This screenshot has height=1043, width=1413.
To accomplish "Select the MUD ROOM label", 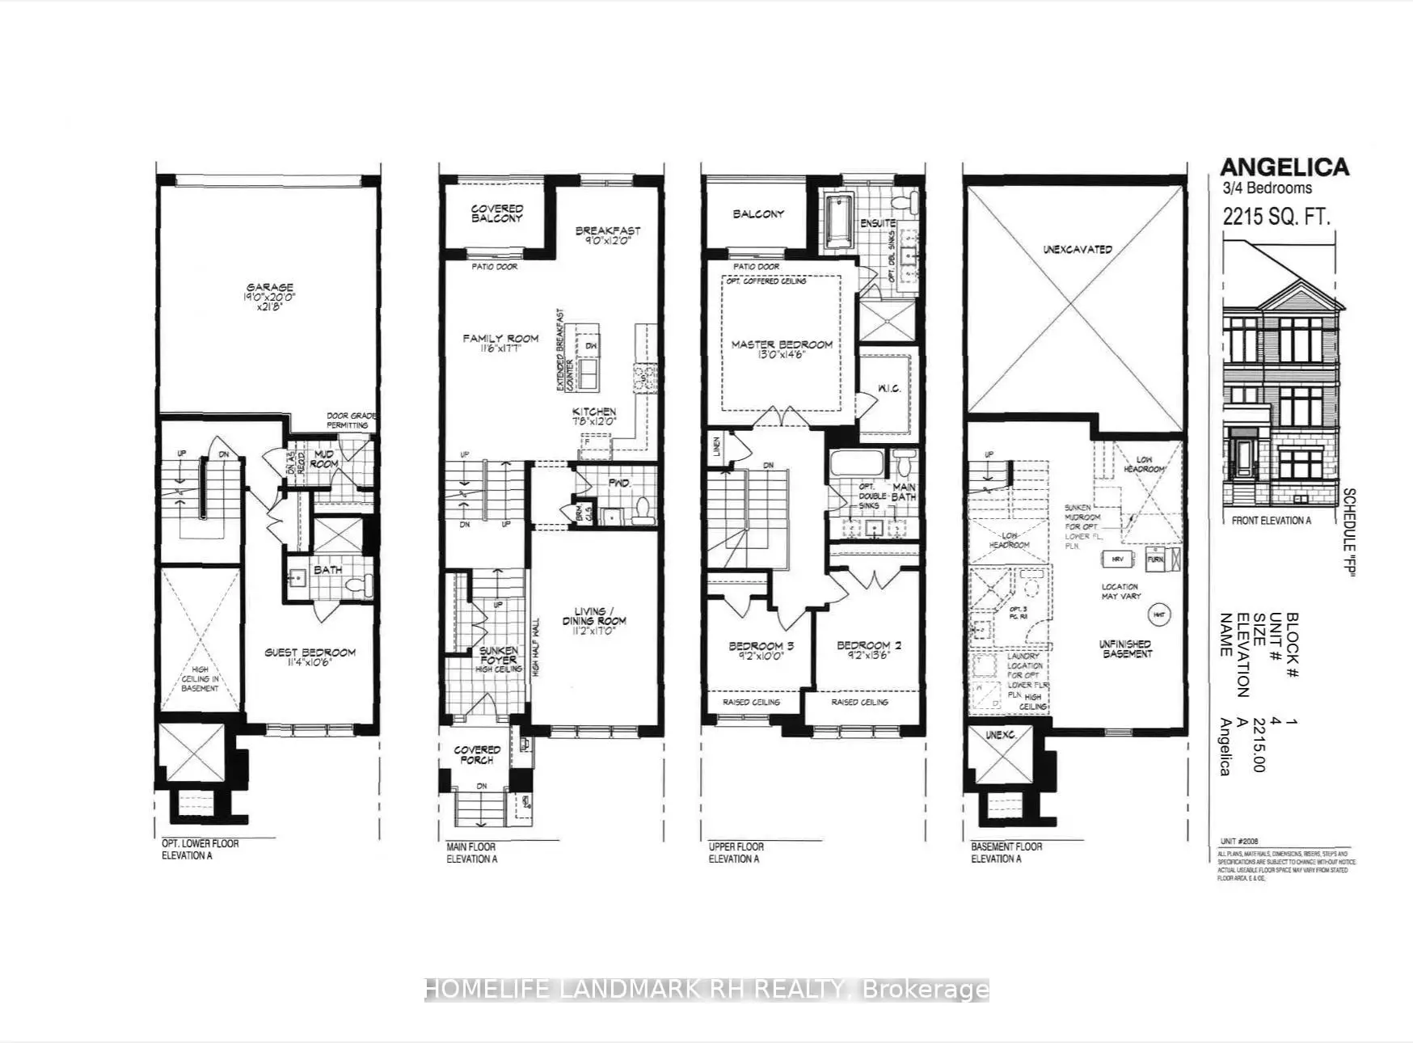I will tap(324, 458).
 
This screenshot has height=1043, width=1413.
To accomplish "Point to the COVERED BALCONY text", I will tap(497, 213).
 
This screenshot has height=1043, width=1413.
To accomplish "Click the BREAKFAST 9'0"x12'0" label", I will tap(608, 235).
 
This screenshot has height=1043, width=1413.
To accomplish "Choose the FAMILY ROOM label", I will tap(500, 343).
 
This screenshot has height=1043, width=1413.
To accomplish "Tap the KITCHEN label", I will tap(594, 416).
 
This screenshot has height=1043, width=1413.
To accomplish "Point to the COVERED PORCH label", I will tap(477, 754).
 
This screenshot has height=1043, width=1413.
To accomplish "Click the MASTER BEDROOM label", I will tap(782, 349).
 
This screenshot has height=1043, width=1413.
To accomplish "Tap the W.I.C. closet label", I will tap(889, 389).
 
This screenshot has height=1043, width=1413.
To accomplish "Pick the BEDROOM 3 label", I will tap(756, 651).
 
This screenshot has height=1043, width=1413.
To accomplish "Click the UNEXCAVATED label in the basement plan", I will tap(1077, 250).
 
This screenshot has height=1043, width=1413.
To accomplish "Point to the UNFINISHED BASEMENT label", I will tap(1125, 648).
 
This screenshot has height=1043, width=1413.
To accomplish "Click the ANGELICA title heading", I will tap(1284, 167).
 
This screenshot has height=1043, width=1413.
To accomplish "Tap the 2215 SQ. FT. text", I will tap(1276, 216).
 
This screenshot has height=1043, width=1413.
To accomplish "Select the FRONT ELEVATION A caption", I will tap(1271, 521).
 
